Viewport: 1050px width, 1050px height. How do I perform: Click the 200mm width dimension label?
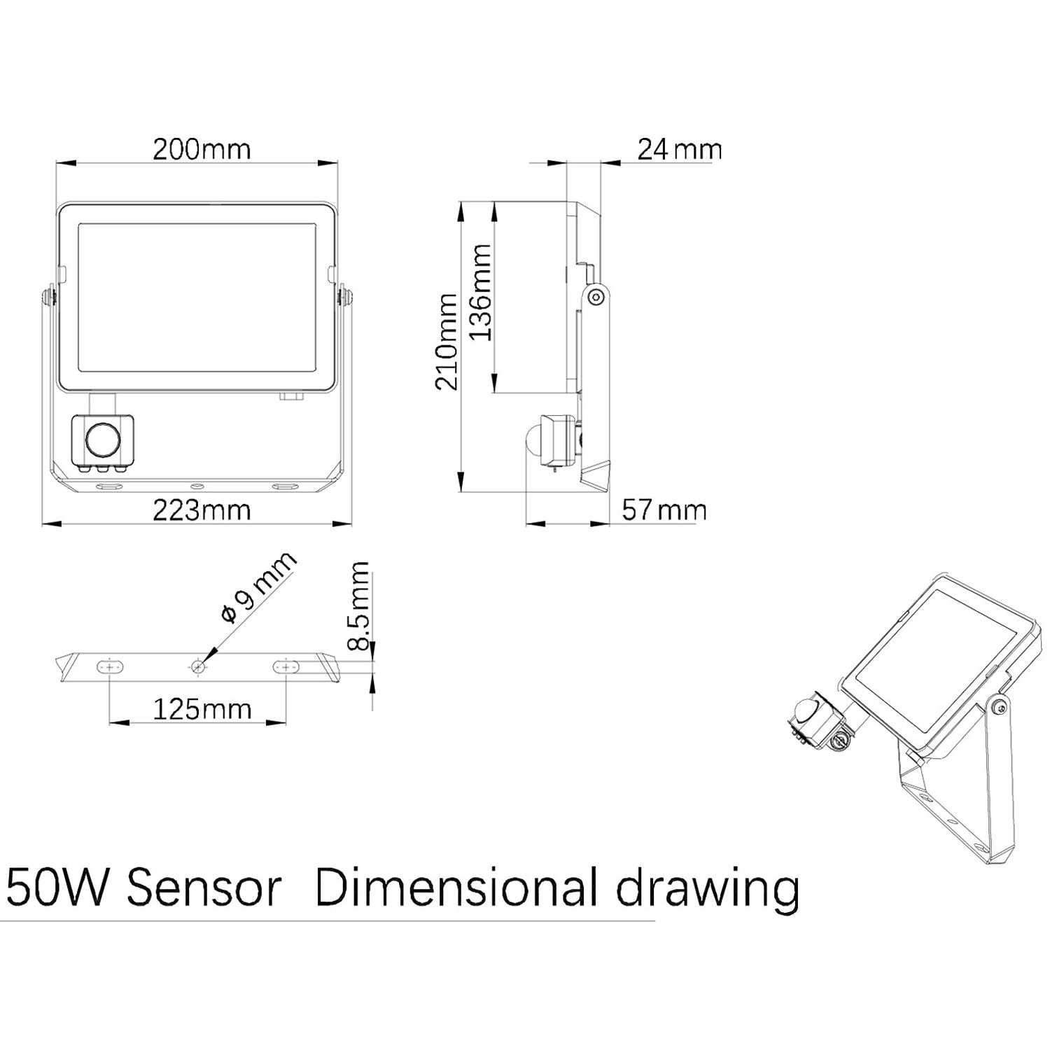[202, 149]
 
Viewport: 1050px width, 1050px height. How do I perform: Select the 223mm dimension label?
[202, 510]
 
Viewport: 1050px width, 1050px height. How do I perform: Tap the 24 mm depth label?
[678, 149]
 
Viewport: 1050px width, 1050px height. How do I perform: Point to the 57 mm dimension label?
[664, 510]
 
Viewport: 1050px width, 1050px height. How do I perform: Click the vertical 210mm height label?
[446, 342]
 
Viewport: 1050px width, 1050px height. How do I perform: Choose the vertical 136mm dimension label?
[480, 293]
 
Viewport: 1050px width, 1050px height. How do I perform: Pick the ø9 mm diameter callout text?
[258, 588]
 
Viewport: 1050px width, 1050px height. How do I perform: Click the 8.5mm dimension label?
[359, 605]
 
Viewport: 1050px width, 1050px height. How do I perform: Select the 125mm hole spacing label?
[202, 709]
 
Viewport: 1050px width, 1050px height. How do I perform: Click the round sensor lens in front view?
[103, 440]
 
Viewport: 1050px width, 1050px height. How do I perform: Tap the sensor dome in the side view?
[533, 441]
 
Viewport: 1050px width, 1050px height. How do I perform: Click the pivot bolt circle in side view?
[596, 297]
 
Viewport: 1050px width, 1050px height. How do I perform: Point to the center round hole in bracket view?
[198, 666]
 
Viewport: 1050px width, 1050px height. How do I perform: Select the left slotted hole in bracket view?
[110, 666]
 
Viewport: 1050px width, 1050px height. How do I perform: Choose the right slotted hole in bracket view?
[286, 666]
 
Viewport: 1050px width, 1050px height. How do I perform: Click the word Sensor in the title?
[205, 888]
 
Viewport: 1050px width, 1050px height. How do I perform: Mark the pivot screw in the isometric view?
[1002, 709]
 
